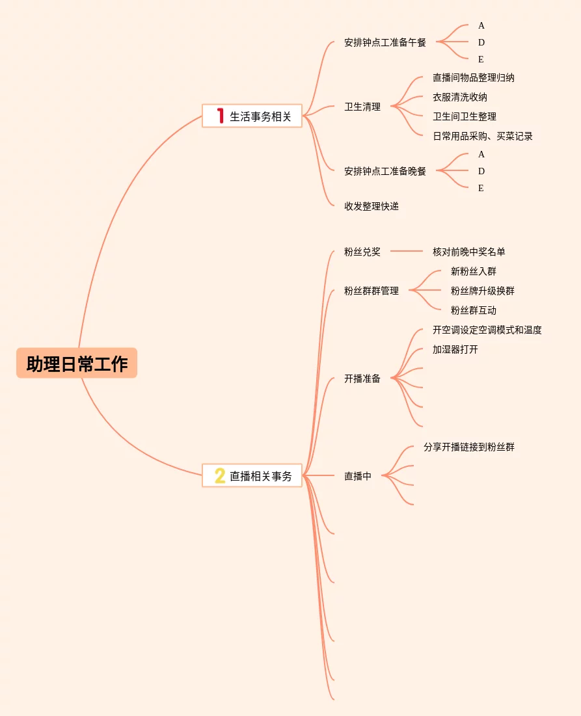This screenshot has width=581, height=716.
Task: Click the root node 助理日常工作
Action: tap(77, 363)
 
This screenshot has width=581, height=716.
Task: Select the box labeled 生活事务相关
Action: tap(252, 116)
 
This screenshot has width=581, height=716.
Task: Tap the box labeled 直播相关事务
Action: tap(252, 476)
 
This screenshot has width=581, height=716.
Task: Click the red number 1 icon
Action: tap(220, 116)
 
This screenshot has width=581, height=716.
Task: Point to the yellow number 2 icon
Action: tap(220, 476)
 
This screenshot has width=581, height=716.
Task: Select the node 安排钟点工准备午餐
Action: tap(385, 42)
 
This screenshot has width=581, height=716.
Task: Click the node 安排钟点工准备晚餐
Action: tap(385, 171)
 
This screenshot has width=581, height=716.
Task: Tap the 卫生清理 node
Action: tap(362, 107)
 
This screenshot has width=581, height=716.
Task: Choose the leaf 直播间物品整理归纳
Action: tap(474, 77)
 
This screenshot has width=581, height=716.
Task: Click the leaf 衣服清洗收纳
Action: tap(460, 98)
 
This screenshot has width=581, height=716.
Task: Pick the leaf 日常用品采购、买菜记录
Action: tap(483, 136)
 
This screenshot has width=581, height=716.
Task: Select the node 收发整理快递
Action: tap(372, 206)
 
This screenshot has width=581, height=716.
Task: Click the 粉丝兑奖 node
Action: tap(362, 252)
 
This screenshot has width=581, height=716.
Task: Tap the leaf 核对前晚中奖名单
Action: tap(469, 252)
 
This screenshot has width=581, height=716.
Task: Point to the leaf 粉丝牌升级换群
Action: tap(483, 291)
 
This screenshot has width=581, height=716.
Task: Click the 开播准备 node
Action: tap(362, 378)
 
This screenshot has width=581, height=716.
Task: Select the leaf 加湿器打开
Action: tap(455, 349)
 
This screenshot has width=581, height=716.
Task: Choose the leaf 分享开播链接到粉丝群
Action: tap(469, 447)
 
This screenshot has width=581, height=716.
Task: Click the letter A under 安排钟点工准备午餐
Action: tap(481, 25)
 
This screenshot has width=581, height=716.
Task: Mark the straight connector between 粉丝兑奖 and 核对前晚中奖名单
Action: tap(407, 251)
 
